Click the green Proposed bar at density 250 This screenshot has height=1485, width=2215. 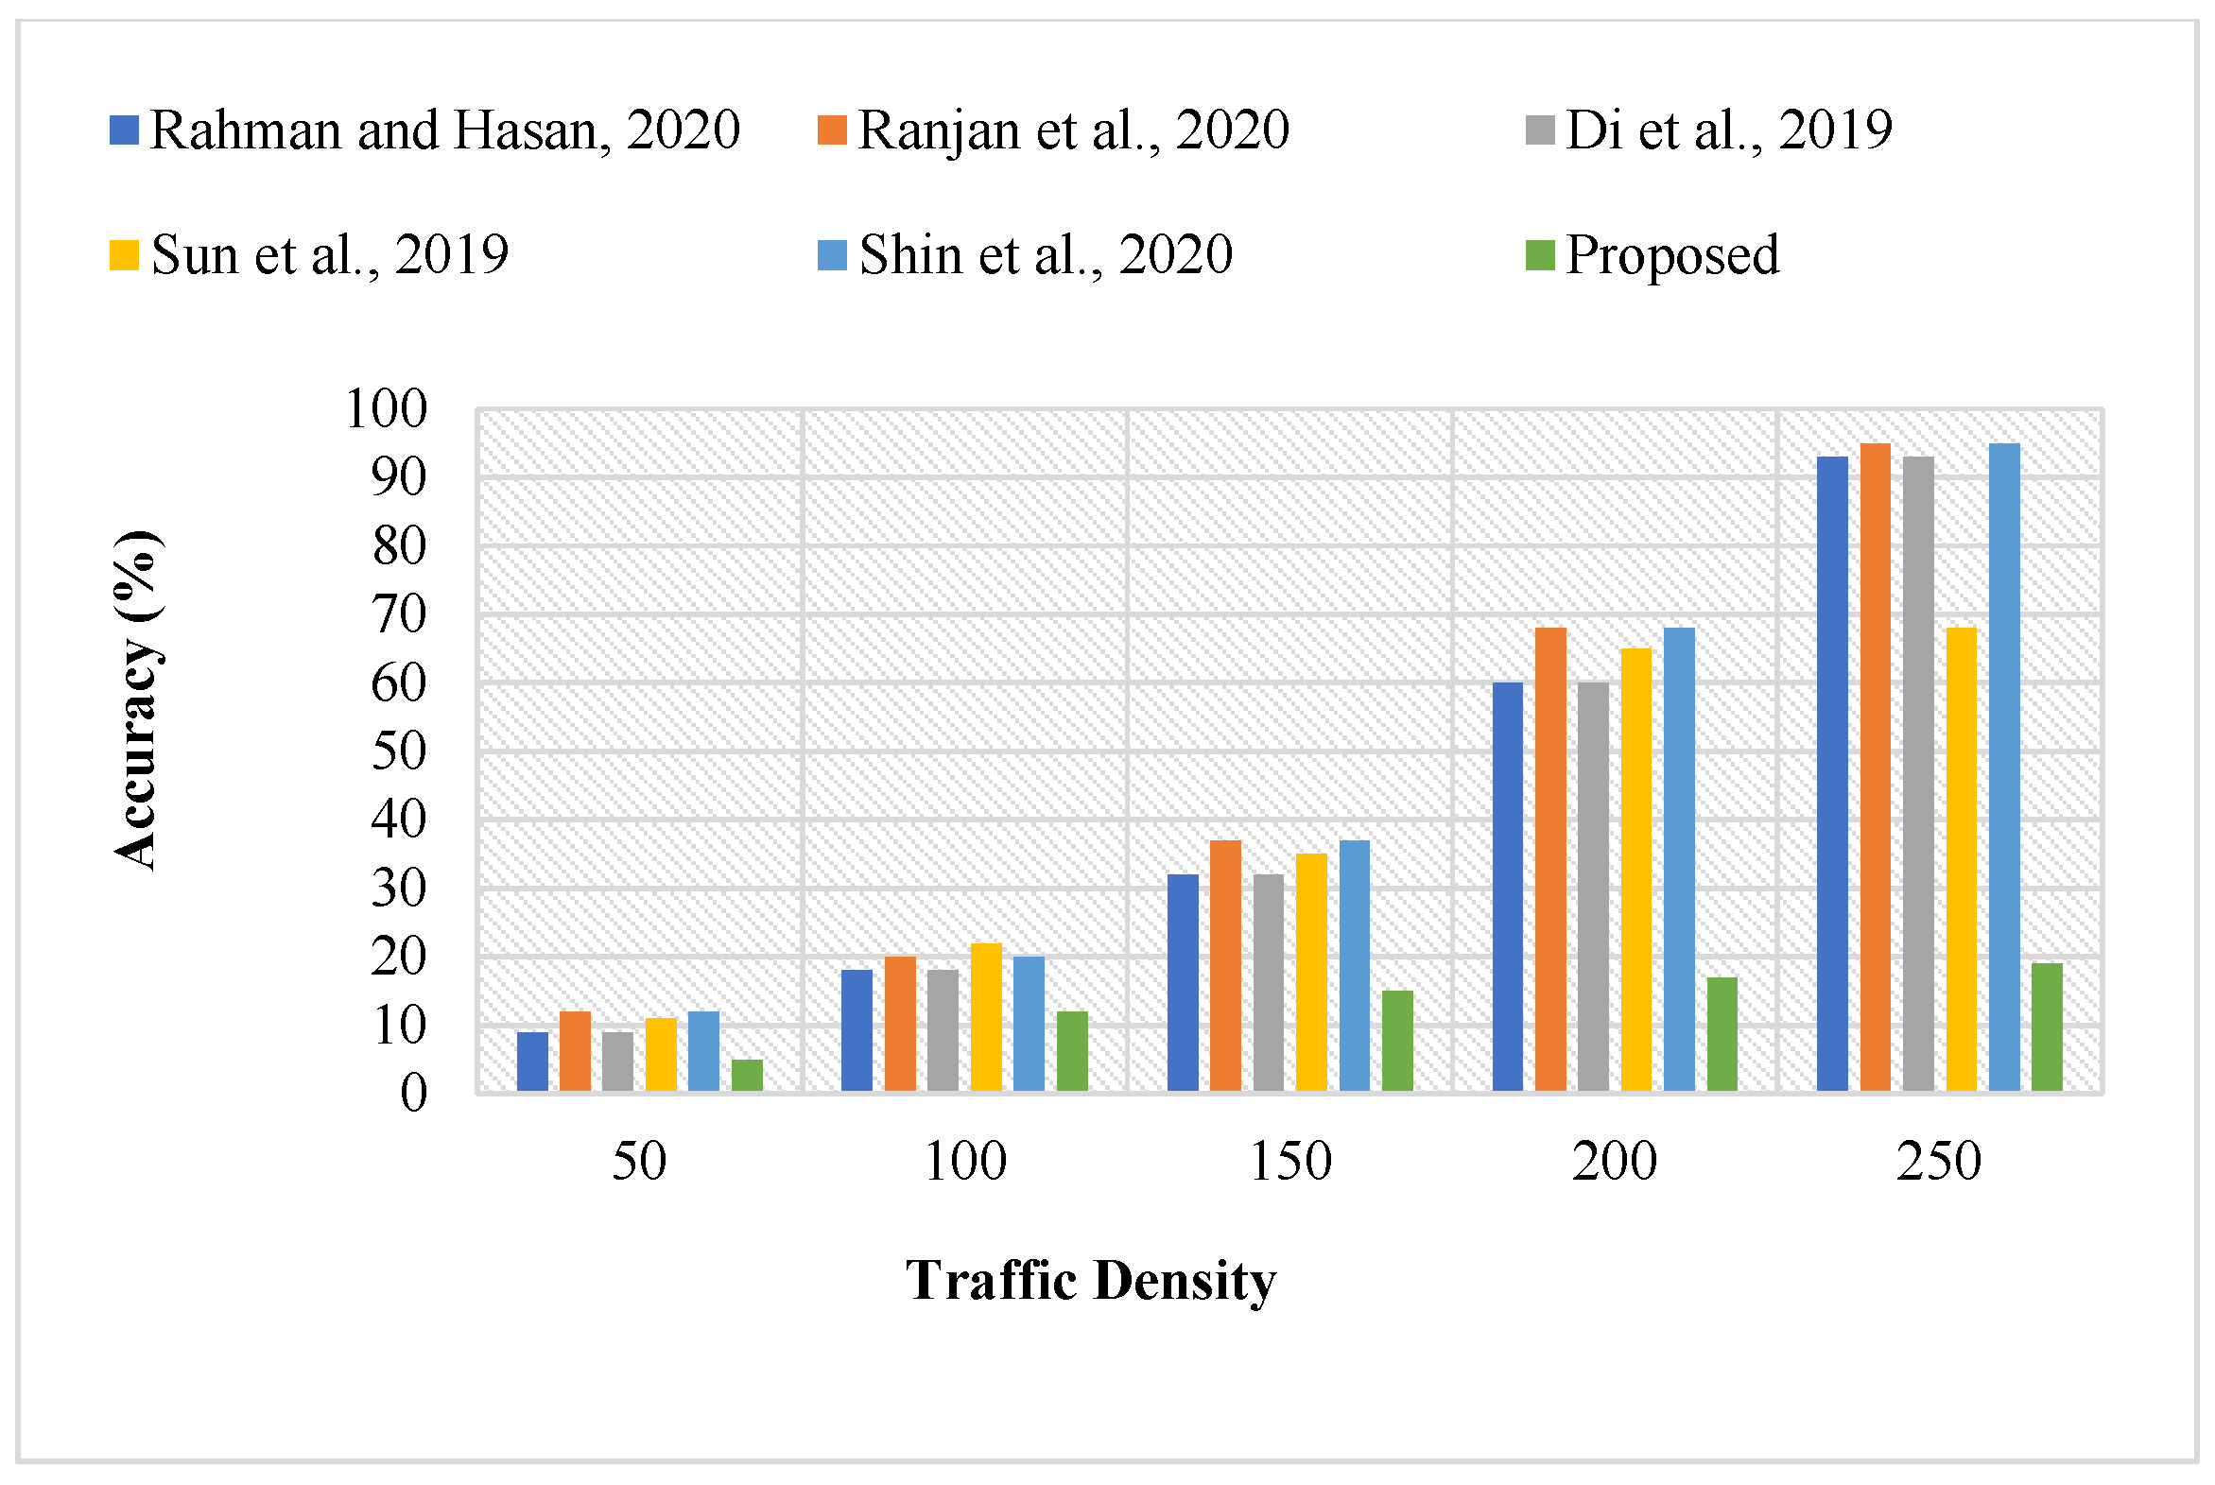2047,1027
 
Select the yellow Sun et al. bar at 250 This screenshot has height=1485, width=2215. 1962,860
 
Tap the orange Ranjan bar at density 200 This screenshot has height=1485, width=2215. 1550,860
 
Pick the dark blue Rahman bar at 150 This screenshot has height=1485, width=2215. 1183,983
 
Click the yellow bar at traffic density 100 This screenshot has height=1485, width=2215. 986,1017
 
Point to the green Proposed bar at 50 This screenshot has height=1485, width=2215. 747,1076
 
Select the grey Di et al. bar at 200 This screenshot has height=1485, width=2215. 1593,887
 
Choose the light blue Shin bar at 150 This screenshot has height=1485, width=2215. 1354,966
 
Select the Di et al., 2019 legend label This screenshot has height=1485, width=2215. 1727,130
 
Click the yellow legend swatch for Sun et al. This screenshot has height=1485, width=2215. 124,256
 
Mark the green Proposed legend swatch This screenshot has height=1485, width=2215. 1540,256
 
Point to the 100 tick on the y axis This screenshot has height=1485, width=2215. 387,409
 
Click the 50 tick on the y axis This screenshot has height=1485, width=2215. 399,752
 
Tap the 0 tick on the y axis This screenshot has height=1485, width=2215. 413,1094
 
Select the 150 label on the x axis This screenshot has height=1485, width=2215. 1289,1162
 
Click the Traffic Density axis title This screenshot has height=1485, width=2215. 1091,1282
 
